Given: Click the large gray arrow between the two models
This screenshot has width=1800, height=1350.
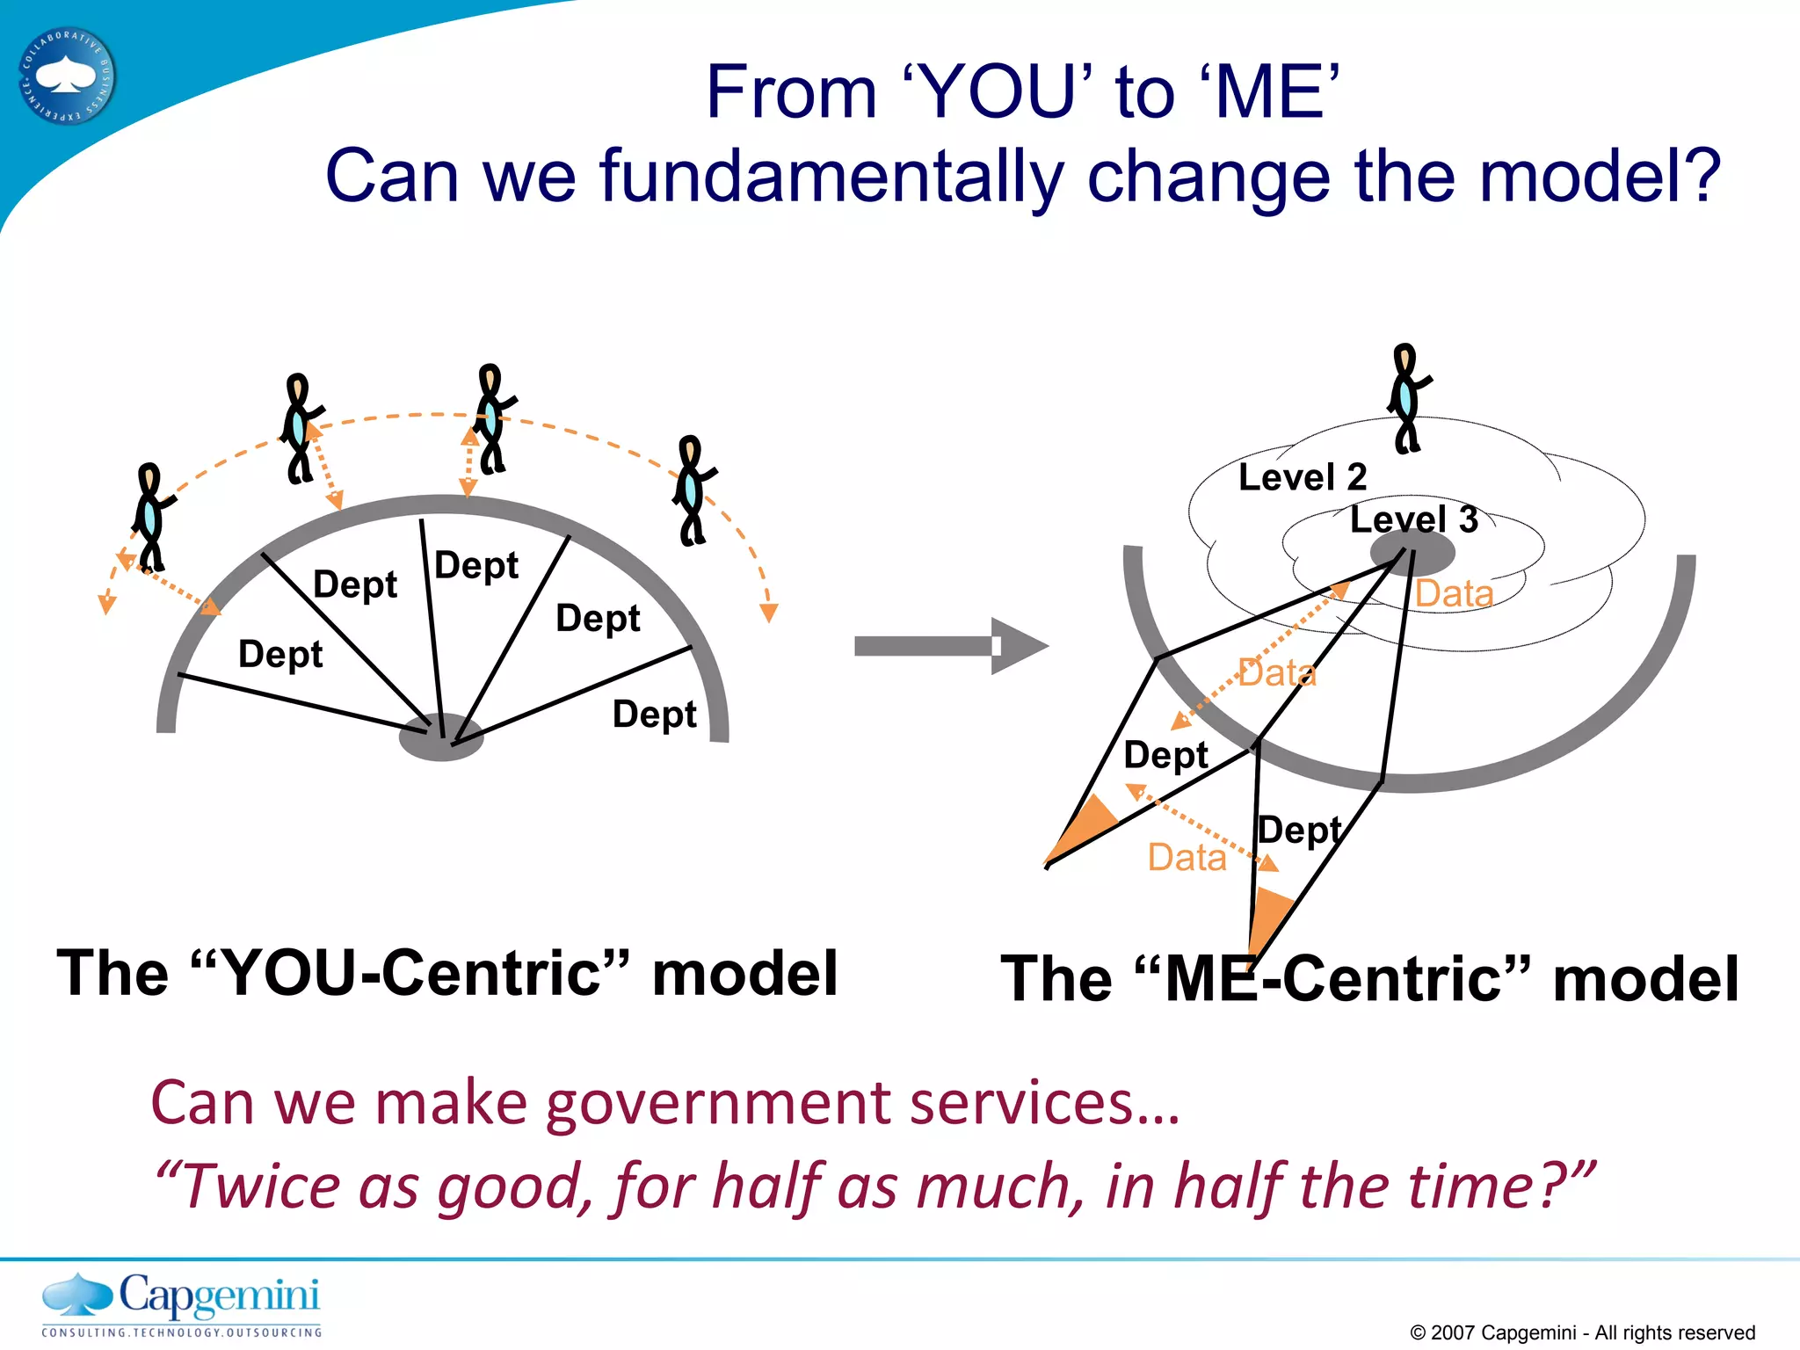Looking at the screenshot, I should tap(949, 646).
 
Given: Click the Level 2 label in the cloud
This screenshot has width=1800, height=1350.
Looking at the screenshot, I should tap(1302, 477).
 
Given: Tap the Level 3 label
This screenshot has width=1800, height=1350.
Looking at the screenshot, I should tap(1413, 519).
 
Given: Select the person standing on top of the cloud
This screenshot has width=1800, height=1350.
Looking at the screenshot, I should tap(1407, 398).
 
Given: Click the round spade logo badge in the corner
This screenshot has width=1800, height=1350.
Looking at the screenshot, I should tap(67, 76).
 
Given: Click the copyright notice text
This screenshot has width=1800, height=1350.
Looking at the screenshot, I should tap(1582, 1332).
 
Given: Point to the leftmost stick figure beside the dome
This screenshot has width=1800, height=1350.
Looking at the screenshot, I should tap(151, 519).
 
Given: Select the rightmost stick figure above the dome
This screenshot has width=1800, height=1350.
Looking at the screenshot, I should tap(693, 490).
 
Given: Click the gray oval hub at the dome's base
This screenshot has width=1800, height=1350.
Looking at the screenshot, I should tap(441, 737).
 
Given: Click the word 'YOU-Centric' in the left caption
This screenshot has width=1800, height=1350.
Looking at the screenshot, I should tap(423, 974).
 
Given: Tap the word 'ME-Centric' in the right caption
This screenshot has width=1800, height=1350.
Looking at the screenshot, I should tap(1346, 979).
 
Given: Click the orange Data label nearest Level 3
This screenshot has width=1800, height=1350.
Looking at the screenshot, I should tap(1454, 594).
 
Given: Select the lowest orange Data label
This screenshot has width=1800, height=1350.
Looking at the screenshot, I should tap(1187, 857).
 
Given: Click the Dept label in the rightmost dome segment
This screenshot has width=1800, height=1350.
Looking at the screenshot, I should tap(654, 714).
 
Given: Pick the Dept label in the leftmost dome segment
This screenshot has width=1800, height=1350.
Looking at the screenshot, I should tap(280, 654).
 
